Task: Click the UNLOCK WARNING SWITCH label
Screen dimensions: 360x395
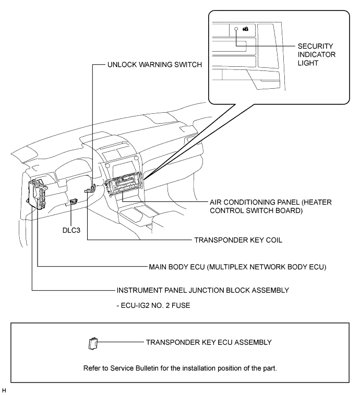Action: (x=154, y=65)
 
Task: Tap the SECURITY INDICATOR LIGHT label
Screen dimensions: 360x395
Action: (x=316, y=55)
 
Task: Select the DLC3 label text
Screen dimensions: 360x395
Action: (x=71, y=230)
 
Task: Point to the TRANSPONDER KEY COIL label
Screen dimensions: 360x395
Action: (x=238, y=240)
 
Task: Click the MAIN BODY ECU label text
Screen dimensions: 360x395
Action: (x=237, y=267)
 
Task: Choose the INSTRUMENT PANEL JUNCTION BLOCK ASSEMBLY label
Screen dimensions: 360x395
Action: (x=202, y=291)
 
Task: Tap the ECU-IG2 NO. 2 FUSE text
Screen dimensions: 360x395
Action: (x=153, y=306)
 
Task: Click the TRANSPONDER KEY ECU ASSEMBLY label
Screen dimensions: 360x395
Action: (x=209, y=342)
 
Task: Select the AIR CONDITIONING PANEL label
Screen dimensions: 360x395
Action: (x=271, y=206)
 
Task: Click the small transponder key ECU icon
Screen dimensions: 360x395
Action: (x=93, y=343)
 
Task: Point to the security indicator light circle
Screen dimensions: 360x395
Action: (x=236, y=29)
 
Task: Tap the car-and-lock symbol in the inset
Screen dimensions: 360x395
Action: (x=245, y=29)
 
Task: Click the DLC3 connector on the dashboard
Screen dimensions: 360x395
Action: (x=74, y=201)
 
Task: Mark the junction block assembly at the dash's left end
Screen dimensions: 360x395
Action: (x=37, y=194)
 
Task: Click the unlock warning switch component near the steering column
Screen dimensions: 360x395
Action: (x=92, y=188)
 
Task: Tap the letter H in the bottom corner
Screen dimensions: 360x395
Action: (x=4, y=390)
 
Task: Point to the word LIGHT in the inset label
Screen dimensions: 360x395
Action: (x=308, y=63)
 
